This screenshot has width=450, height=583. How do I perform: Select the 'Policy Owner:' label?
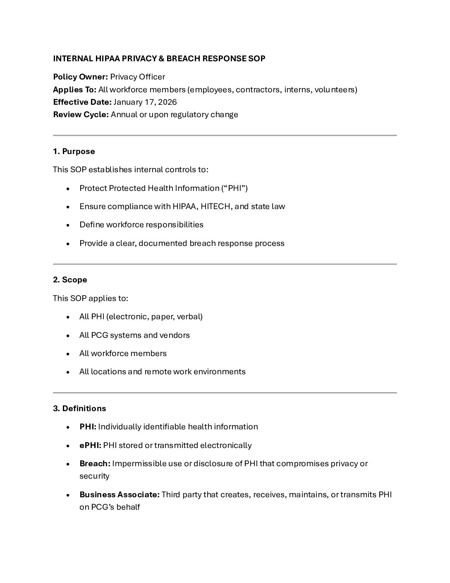[81, 77]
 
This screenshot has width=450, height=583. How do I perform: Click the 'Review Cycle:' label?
[81, 115]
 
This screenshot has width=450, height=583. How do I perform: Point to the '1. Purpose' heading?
[74, 152]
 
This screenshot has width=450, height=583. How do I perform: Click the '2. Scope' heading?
[70, 280]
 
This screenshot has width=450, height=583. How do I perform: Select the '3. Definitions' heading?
[79, 409]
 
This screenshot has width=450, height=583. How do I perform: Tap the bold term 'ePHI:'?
[90, 446]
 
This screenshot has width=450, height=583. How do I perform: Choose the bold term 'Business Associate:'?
[119, 495]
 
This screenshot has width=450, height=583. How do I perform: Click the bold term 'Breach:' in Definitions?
[95, 464]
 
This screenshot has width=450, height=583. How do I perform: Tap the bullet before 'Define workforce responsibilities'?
[68, 225]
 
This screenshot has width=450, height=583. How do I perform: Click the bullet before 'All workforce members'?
[68, 354]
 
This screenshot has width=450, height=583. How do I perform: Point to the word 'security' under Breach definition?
[94, 476]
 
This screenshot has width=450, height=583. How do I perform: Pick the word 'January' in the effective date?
[128, 102]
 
